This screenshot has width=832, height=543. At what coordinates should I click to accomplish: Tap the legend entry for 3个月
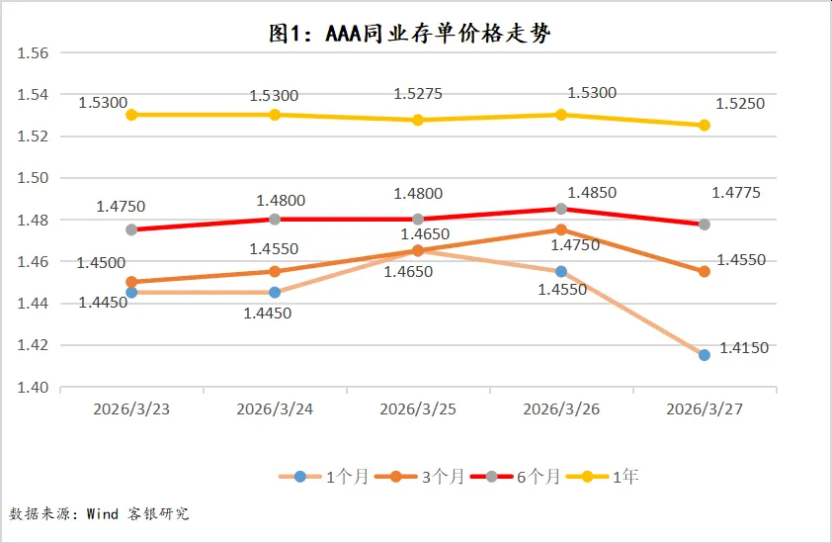click(420, 477)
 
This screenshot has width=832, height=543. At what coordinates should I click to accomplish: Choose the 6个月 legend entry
click(516, 477)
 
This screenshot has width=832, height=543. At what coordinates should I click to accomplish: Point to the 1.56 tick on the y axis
click(34, 53)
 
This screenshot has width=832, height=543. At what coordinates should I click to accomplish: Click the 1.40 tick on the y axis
click(34, 388)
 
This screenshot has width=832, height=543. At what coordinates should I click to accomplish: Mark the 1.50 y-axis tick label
click(34, 178)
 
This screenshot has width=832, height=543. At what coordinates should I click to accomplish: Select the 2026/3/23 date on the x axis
click(132, 408)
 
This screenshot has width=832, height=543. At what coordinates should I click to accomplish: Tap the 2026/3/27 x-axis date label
click(705, 408)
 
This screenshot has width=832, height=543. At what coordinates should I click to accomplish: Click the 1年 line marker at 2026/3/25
click(418, 120)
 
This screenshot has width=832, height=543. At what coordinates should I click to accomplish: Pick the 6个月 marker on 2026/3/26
click(561, 209)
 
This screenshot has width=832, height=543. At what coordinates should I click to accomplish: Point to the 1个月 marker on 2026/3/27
click(705, 355)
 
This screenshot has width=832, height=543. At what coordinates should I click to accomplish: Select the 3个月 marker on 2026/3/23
click(131, 282)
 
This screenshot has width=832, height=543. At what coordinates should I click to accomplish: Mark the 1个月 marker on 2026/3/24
click(275, 292)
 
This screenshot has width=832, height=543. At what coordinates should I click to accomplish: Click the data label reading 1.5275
click(418, 94)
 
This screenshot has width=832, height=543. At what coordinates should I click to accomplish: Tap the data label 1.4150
click(744, 348)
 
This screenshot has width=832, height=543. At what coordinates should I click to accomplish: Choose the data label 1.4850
click(592, 192)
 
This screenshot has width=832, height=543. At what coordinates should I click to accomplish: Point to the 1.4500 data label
click(102, 262)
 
